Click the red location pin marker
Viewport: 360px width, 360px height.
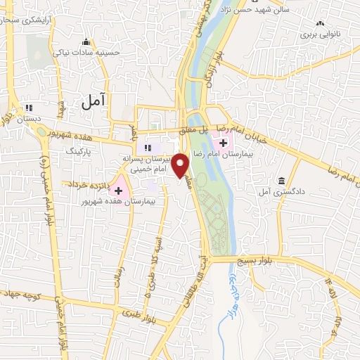click(181, 166)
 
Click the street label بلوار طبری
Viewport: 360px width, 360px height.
click(138, 314)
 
